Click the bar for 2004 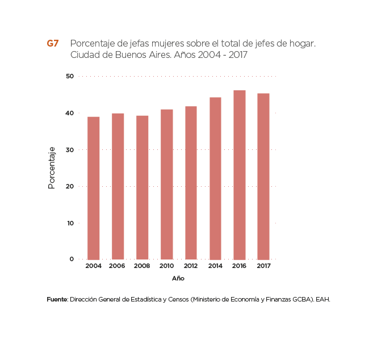pyautogui.click(x=94, y=188)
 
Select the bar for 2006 pyautogui.click(x=118, y=186)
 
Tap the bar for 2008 pyautogui.click(x=142, y=187)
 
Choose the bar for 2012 pyautogui.click(x=191, y=183)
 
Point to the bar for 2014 pyautogui.click(x=215, y=178)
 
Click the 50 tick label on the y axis pyautogui.click(x=70, y=77)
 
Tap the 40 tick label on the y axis pyautogui.click(x=70, y=113)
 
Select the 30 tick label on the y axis pyautogui.click(x=70, y=150)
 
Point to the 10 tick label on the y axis pyautogui.click(x=70, y=223)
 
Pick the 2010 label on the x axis pyautogui.click(x=166, y=266)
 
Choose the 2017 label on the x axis pyautogui.click(x=263, y=266)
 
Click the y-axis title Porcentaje pyautogui.click(x=52, y=168)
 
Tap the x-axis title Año pyautogui.click(x=178, y=279)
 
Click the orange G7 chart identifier pyautogui.click(x=53, y=44)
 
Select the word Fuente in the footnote pyautogui.click(x=57, y=299)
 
